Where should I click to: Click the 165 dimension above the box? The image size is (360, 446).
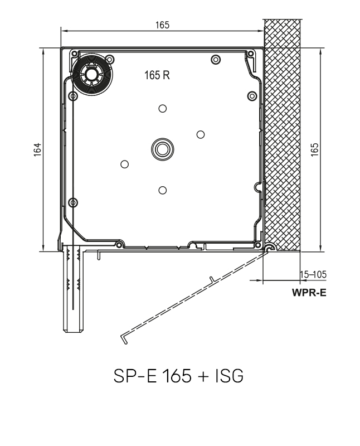coord(162,25)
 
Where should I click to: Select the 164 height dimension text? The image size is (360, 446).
coord(37,149)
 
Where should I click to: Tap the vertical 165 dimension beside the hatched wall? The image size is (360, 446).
coord(315,149)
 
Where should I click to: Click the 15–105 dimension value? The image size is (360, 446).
coord(313,274)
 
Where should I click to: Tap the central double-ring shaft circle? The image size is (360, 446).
coord(162,148)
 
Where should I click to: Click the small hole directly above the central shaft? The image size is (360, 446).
coord(162,108)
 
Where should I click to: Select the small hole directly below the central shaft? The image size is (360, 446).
coord(162,190)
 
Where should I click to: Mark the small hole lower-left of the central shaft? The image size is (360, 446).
coord(125,163)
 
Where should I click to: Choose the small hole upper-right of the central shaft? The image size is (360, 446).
coord(201,134)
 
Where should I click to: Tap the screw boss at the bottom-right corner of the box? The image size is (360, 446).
coord(257,244)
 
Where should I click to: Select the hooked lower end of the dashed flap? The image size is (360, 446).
coord(124,336)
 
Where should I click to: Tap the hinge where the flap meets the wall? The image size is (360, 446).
coord(268,248)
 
